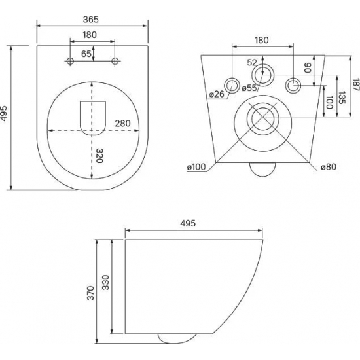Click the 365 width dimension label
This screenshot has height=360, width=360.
click(x=91, y=20)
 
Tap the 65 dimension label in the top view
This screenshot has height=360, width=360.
click(x=86, y=54)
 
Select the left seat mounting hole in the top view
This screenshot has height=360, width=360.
click(x=70, y=61)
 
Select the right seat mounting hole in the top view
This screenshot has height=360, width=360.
click(x=115, y=61)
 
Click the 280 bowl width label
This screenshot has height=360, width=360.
click(x=122, y=124)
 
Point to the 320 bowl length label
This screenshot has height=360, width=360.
click(x=99, y=156)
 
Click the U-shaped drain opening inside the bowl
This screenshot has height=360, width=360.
click(x=93, y=118)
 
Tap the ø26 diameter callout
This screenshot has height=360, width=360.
click(x=216, y=94)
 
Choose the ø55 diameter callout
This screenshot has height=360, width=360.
click(x=249, y=88)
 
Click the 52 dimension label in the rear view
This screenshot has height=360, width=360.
click(x=252, y=62)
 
